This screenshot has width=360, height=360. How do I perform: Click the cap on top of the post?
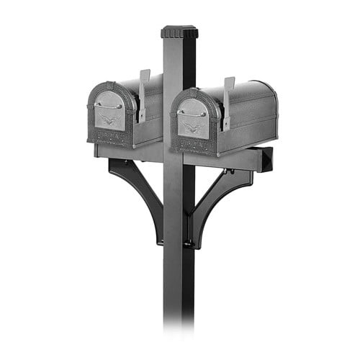pos(179,32)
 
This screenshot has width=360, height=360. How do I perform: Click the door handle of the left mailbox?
pos(107,106)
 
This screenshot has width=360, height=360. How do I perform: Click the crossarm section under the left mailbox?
pos(130,152)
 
